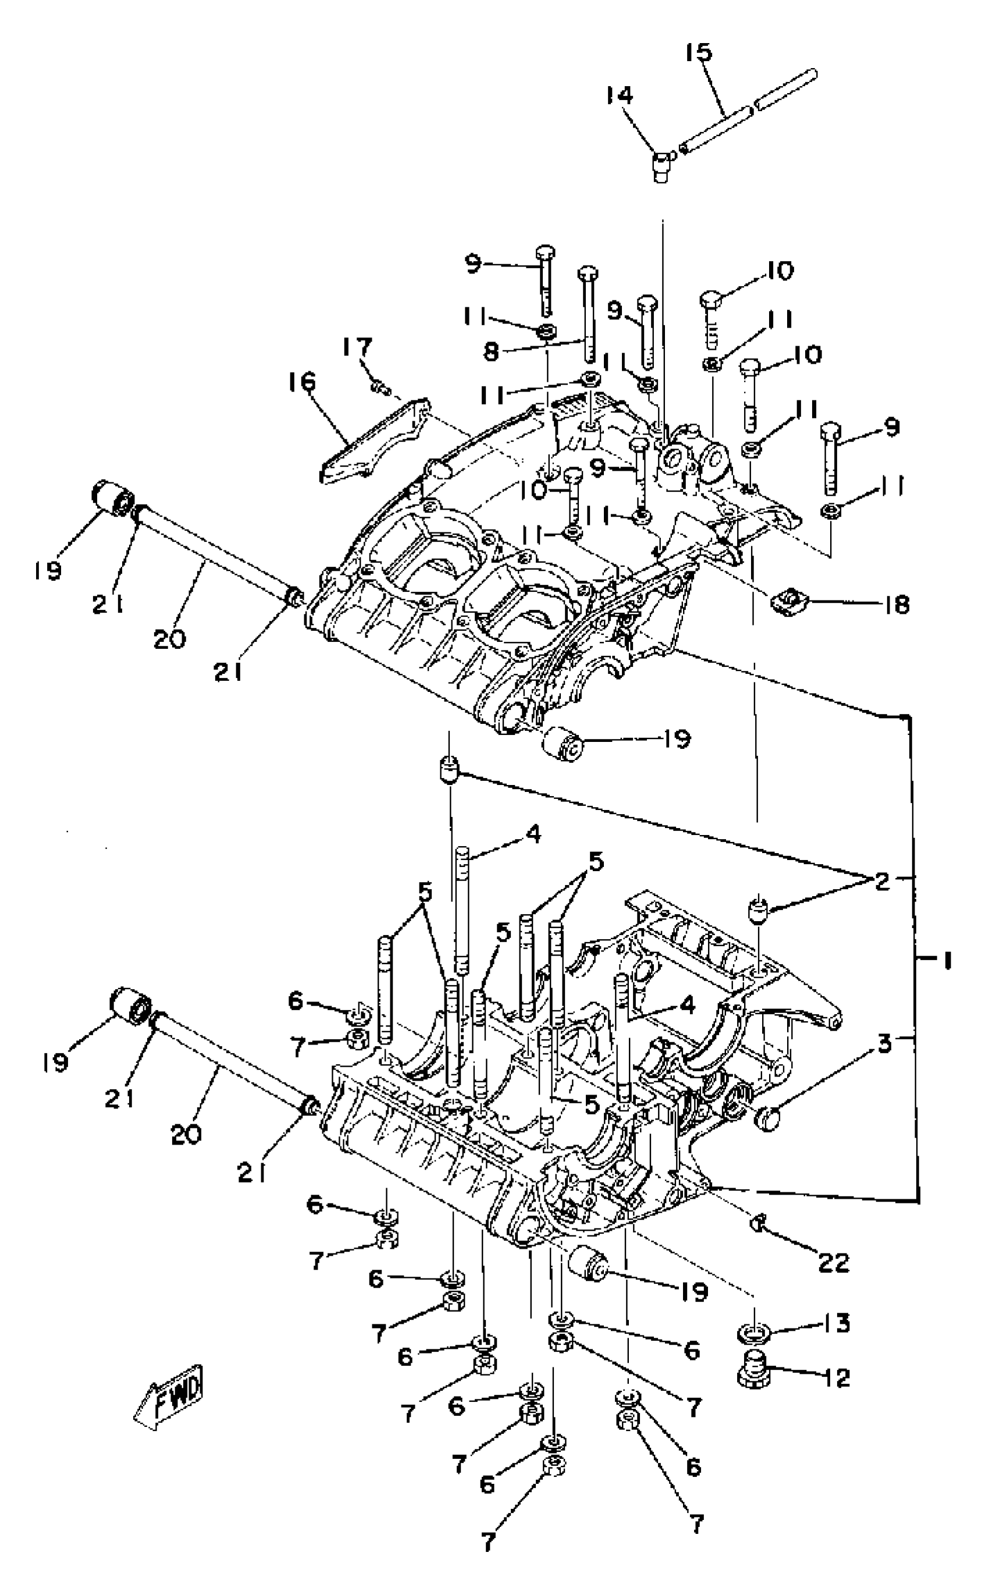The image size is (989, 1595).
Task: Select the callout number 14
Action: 619,95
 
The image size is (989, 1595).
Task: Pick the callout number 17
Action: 358,347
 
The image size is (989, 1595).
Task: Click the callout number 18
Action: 896,605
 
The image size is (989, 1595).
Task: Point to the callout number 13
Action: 837,1323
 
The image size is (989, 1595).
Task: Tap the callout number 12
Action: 837,1378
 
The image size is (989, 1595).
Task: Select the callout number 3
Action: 884,1044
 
